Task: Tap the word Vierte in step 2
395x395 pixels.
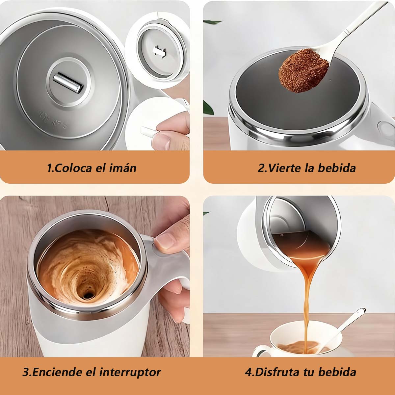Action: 284,168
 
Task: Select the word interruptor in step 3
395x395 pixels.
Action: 130,372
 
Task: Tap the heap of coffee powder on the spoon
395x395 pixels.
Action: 303,71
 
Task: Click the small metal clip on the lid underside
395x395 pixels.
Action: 159,51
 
